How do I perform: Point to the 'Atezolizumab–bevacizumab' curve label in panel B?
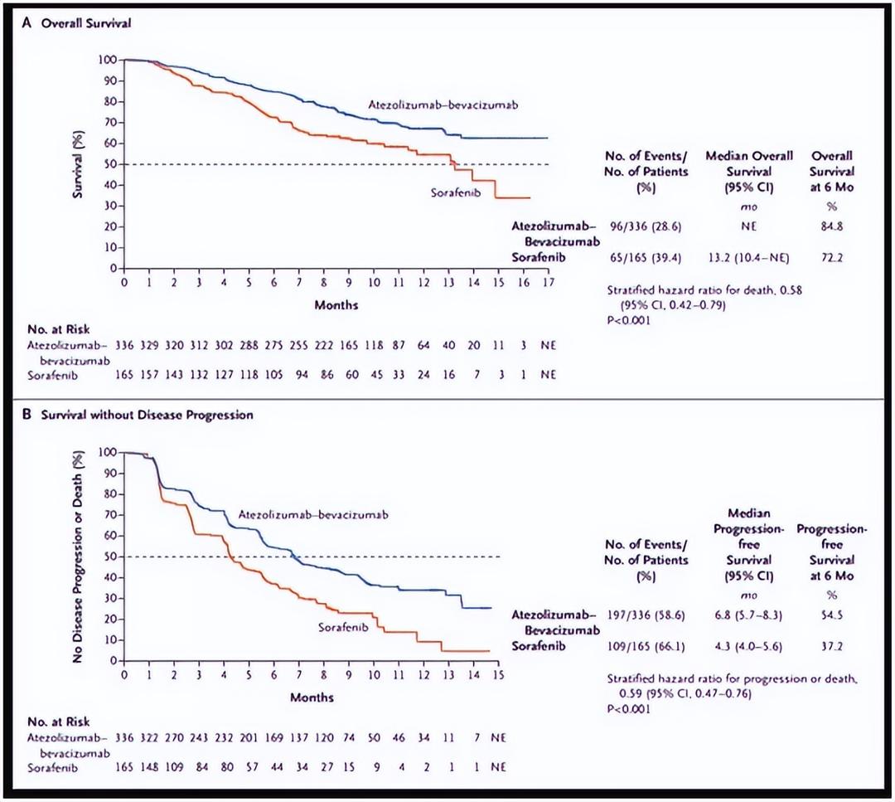(x=313, y=515)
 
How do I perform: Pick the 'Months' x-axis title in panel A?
(x=336, y=305)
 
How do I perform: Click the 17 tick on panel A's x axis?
(x=548, y=284)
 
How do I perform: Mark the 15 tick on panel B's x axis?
(x=499, y=675)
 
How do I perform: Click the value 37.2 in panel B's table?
(x=832, y=646)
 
